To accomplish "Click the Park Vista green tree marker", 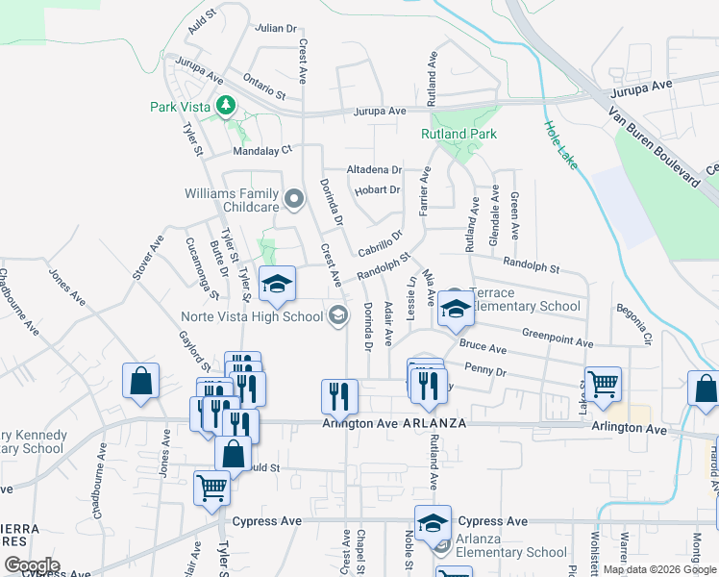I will pyautogui.click(x=226, y=105).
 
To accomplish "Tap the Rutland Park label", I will pyautogui.click(x=459, y=134).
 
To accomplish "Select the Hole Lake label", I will pyautogui.click(x=560, y=144).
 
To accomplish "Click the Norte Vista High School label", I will pyautogui.click(x=253, y=316).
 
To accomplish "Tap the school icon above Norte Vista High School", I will pyautogui.click(x=277, y=283).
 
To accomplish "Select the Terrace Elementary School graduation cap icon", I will pyautogui.click(x=457, y=309).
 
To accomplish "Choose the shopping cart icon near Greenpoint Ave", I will pyautogui.click(x=603, y=383).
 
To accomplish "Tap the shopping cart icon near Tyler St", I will pyautogui.click(x=211, y=487).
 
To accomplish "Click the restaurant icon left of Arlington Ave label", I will pyautogui.click(x=339, y=394).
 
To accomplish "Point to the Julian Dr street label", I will pyautogui.click(x=275, y=28).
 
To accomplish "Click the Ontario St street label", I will pyautogui.click(x=265, y=89).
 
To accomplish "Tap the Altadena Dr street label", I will pyautogui.click(x=374, y=169).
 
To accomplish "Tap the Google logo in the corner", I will pyautogui.click(x=33, y=565).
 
